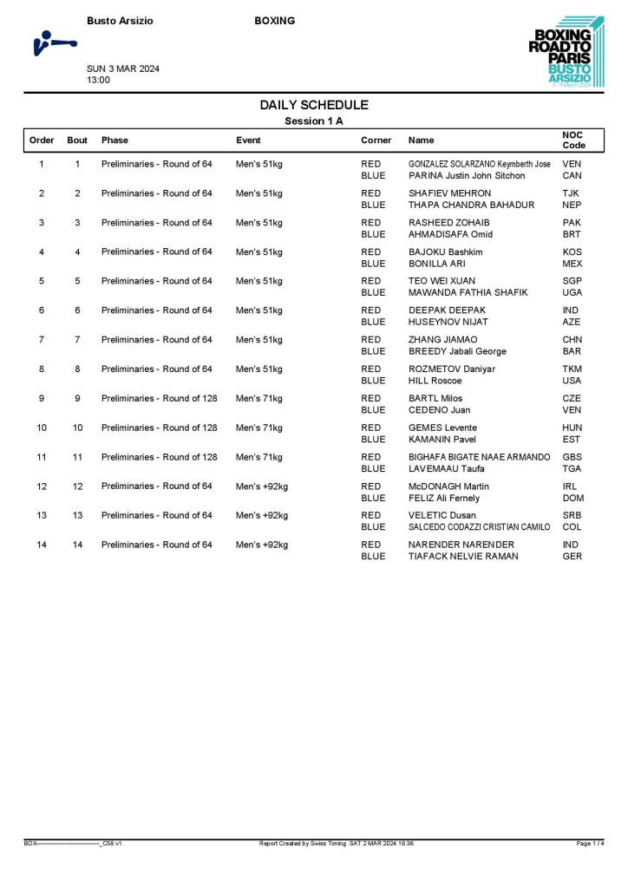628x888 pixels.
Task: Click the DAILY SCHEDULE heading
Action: point(314,105)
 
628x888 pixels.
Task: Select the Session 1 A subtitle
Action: point(314,121)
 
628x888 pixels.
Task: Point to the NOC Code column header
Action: point(573,140)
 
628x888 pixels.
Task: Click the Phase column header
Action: point(114,140)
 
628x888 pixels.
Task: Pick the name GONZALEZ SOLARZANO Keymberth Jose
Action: point(479,164)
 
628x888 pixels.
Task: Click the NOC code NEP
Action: point(572,205)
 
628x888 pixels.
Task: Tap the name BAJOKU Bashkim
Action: point(445,251)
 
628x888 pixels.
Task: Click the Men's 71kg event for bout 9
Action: point(259,398)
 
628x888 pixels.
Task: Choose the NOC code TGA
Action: point(572,468)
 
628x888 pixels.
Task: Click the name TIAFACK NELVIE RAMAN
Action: point(463,556)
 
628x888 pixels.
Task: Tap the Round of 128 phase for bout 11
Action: point(159,457)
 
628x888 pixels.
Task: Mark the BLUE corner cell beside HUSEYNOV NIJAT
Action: point(373,322)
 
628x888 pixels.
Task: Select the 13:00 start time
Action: point(98,80)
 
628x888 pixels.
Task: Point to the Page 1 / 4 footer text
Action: point(590,843)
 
